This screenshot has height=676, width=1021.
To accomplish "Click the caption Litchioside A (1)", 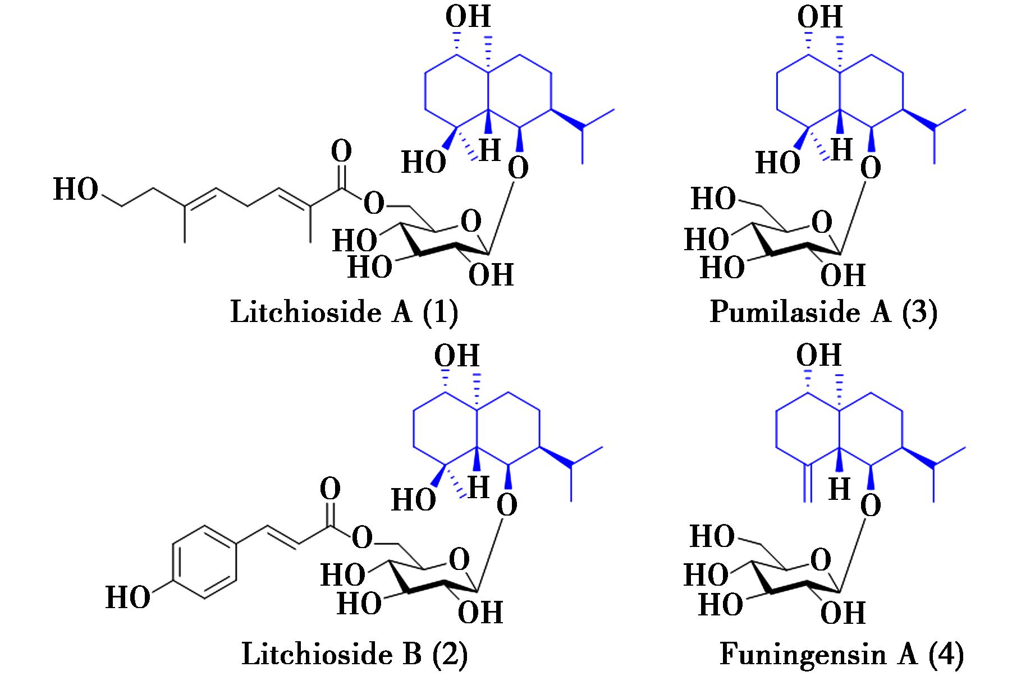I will click(x=344, y=312).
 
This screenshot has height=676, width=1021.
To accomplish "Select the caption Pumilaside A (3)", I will click(x=823, y=312).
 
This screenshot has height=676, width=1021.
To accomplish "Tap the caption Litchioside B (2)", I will click(x=354, y=654).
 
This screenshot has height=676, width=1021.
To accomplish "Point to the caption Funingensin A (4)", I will click(x=841, y=654).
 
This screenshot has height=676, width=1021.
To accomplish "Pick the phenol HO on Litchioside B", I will click(x=128, y=598).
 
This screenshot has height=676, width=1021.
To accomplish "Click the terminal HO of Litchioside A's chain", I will click(x=76, y=190).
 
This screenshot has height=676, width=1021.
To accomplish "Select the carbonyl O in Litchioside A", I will click(x=341, y=151).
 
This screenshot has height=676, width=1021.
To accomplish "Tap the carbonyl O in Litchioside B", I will click(x=330, y=490).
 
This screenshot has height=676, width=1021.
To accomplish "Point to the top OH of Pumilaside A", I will click(x=820, y=17).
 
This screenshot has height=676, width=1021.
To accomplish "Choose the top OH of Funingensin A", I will click(x=819, y=356).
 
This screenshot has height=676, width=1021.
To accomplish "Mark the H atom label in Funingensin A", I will click(x=840, y=490).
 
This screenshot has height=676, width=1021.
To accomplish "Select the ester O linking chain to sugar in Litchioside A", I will click(x=374, y=203).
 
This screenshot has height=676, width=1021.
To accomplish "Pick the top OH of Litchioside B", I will click(x=457, y=356).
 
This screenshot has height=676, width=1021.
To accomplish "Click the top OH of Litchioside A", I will click(x=468, y=17).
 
